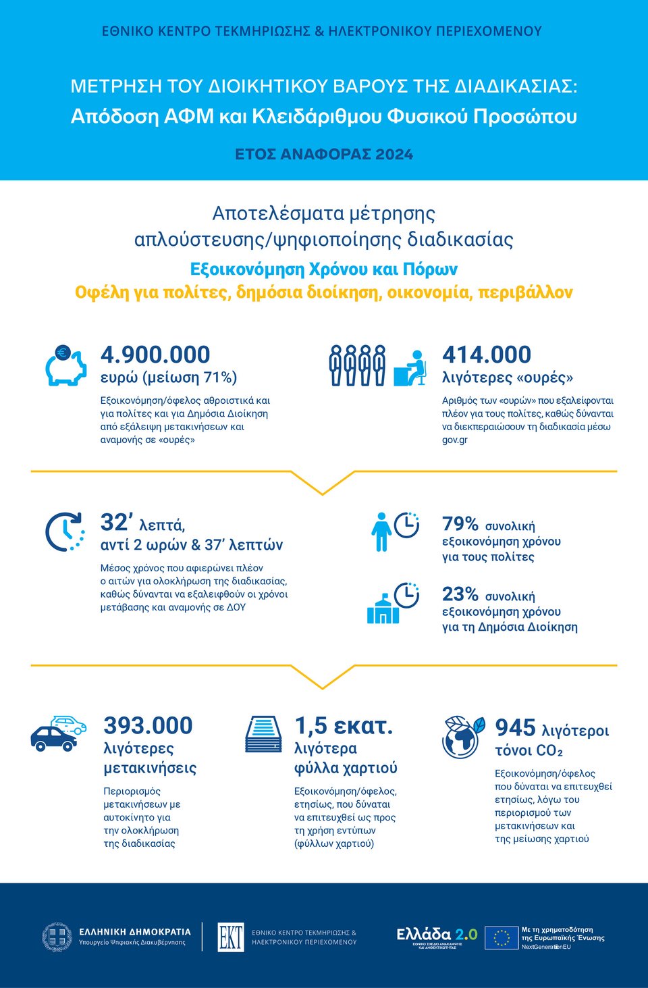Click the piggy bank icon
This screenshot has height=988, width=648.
pos(65,365)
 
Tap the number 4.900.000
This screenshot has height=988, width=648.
pos(155,355)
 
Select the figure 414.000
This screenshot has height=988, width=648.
pos(486,355)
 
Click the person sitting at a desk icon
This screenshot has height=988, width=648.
pos(411,367)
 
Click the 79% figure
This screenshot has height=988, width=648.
pos(460,524)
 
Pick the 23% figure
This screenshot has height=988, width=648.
pos(460,594)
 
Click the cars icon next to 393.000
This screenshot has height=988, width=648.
pos(59,733)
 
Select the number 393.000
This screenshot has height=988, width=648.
pos(148,726)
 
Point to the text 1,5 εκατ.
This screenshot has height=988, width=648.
pos(344,726)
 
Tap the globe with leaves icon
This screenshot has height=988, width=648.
pos(463,736)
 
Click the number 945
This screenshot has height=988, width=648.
pos(515,728)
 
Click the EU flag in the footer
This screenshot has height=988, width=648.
pos(502,938)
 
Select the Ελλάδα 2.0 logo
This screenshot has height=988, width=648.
pos(436,936)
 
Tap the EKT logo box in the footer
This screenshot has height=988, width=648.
pos(231,937)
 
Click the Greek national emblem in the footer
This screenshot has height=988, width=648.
pos(57,937)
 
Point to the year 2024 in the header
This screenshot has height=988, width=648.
pos(394,155)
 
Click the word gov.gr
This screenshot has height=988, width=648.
pos(454,440)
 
